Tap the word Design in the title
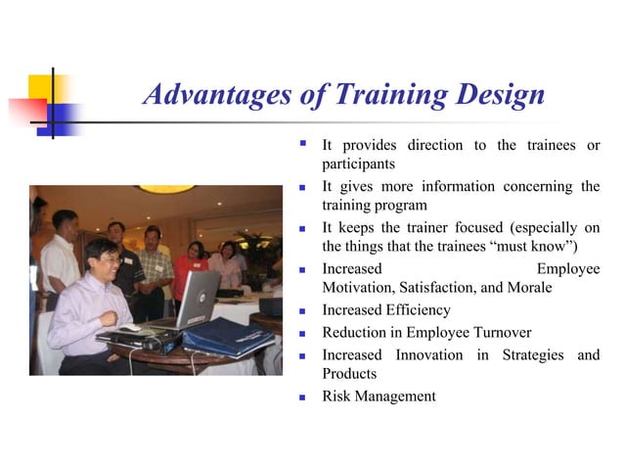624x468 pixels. pos(496,95)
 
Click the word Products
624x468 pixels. pos(349,373)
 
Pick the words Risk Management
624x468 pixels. pos(379,396)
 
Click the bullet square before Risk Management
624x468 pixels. pos(303,397)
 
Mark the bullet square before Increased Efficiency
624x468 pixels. pos(303,310)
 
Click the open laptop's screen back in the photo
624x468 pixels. pos(200,298)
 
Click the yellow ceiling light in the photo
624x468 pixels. pos(166,189)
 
